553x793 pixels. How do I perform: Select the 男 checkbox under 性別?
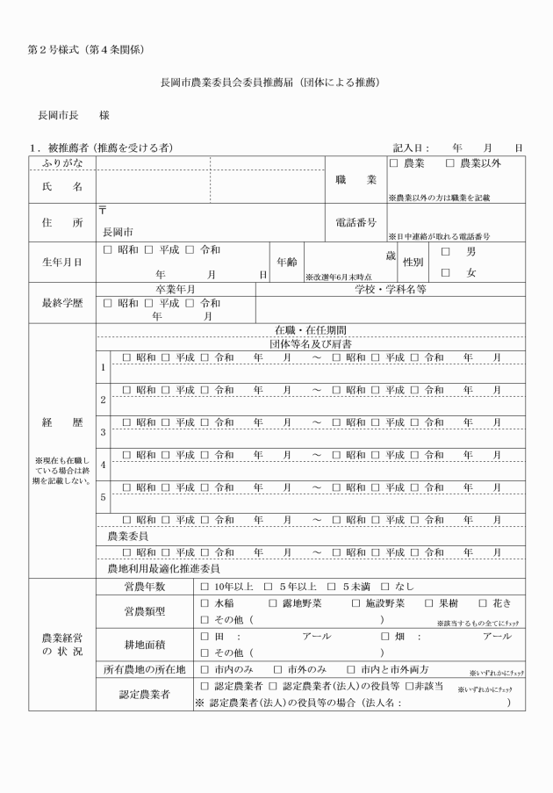(446, 252)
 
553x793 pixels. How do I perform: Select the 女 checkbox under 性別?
(446, 273)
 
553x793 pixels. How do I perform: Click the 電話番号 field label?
(355, 223)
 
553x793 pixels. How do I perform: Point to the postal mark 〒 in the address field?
(104, 211)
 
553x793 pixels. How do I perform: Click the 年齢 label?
(286, 262)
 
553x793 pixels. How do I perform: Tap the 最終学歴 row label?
(61, 303)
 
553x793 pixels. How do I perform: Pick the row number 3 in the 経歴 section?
(103, 432)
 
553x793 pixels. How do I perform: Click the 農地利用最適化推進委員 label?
(162, 569)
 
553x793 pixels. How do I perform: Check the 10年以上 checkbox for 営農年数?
(205, 586)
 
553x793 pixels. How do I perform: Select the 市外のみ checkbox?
(277, 669)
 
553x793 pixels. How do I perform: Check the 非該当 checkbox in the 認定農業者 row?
(409, 685)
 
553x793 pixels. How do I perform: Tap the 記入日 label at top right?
(411, 148)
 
